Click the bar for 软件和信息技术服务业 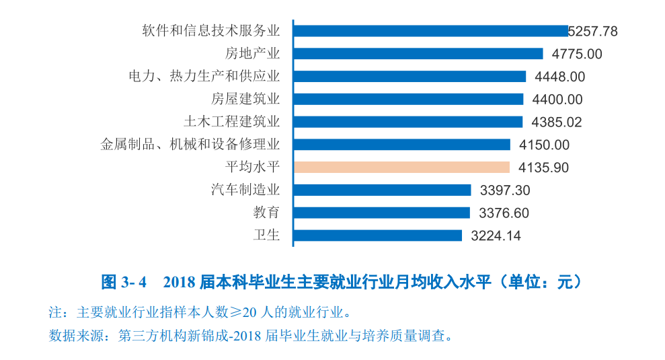click(x=430, y=31)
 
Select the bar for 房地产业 click(x=418, y=54)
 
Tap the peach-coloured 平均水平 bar click(x=401, y=167)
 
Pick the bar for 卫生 click(x=378, y=236)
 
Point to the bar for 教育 click(x=382, y=213)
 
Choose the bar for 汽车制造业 click(x=382, y=190)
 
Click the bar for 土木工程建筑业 click(x=408, y=122)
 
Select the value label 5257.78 click(x=592, y=32)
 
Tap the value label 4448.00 click(x=558, y=77)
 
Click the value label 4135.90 click(x=542, y=168)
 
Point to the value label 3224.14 click(x=496, y=236)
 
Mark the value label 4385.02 click(x=556, y=122)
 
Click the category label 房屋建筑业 click(x=245, y=99)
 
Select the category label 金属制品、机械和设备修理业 click(x=190, y=144)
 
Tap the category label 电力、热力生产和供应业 click(x=204, y=76)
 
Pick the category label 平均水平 click(x=252, y=167)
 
